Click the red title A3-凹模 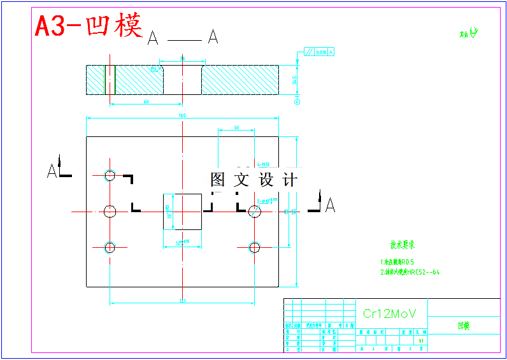pyautogui.click(x=89, y=26)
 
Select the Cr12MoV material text pyautogui.click(x=389, y=313)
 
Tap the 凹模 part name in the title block pyautogui.click(x=463, y=326)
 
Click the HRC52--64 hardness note pyautogui.click(x=410, y=273)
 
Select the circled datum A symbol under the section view pyautogui.click(x=297, y=101)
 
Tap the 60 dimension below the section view pyautogui.click(x=146, y=101)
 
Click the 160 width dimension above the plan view pyautogui.click(x=182, y=115)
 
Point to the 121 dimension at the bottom pyautogui.click(x=182, y=301)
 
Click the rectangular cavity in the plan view pyautogui.click(x=182, y=212)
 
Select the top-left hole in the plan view pyautogui.click(x=110, y=175)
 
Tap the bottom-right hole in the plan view pyautogui.click(x=255, y=247)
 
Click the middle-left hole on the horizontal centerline pyautogui.click(x=110, y=211)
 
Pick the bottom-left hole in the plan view pyautogui.click(x=110, y=247)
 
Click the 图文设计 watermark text pyautogui.click(x=253, y=180)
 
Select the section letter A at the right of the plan pyautogui.click(x=330, y=205)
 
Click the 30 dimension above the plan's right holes pyautogui.click(x=236, y=128)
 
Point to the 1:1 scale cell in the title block pyautogui.click(x=421, y=341)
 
